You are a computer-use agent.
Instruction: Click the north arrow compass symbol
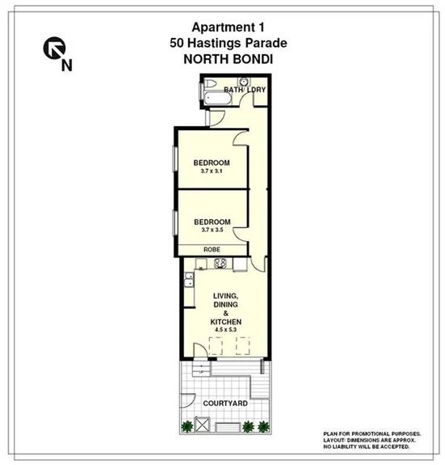click(52, 51)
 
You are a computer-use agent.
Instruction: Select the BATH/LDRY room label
click(245, 90)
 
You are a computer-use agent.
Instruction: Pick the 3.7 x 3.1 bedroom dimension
click(212, 172)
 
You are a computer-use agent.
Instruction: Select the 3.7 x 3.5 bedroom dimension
click(212, 230)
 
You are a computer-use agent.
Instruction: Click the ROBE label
click(212, 250)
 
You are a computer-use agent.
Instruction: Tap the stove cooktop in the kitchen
click(218, 264)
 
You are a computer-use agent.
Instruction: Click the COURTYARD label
click(224, 403)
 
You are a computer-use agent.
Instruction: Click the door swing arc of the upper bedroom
click(241, 138)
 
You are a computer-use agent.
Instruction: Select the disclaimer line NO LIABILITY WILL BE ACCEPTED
click(365, 446)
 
